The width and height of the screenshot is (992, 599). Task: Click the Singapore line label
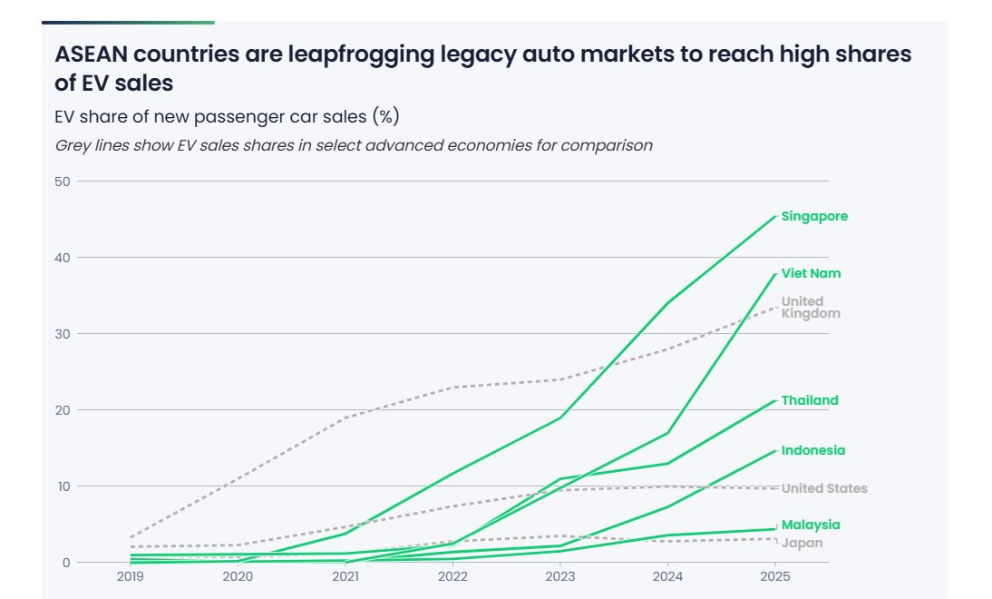(814, 216)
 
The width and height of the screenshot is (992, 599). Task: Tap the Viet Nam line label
(811, 273)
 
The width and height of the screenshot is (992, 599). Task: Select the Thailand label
(810, 400)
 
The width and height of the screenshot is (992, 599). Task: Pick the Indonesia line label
(812, 450)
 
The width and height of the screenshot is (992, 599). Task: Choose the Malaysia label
(811, 525)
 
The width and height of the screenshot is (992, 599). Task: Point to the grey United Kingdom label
(811, 308)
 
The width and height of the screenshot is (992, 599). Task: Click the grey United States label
(824, 488)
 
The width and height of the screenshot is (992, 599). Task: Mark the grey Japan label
(802, 543)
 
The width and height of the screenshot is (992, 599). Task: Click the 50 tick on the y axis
(63, 182)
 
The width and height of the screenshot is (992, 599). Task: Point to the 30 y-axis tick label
(63, 334)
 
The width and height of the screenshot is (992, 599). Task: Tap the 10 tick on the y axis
(63, 486)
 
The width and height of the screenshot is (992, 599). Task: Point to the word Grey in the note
(72, 145)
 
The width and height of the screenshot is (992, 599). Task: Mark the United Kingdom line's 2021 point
(345, 417)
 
